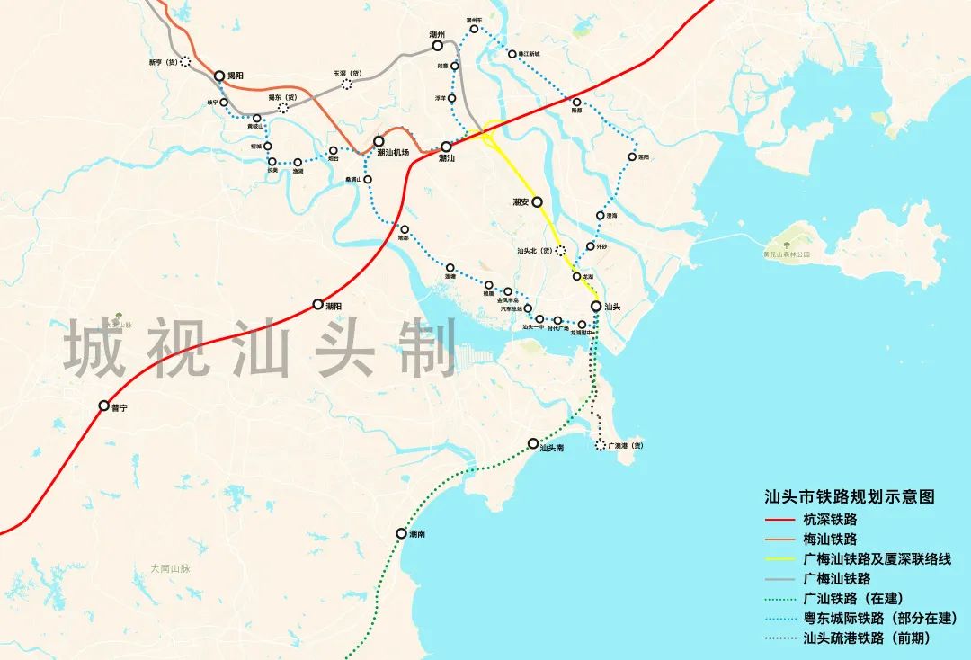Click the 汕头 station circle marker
596,307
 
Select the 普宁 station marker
104,406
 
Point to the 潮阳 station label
329,306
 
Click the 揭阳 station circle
218,76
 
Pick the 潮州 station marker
438,45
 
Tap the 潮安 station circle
538,202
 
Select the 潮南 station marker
401,533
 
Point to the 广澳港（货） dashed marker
601,445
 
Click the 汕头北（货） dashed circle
561,251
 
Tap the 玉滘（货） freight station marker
347,85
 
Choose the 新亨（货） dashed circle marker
185,62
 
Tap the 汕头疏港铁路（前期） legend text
866,638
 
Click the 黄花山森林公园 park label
785,254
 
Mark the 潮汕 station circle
446,146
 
